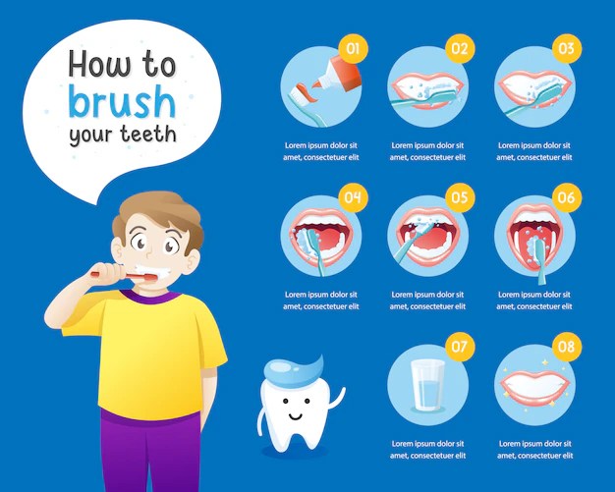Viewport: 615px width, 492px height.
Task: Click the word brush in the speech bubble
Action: point(122,101)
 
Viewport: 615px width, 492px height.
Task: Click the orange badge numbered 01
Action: point(353,46)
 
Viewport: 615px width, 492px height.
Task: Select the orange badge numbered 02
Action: point(458,46)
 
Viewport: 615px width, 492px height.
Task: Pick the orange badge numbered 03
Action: point(566,46)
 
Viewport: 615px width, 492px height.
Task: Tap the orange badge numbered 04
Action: point(353,197)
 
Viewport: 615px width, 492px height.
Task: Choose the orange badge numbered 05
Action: point(458,197)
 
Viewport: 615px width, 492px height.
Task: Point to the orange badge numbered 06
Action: point(566,197)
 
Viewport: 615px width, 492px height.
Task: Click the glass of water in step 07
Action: point(428,384)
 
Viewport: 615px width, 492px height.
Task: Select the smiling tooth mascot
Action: point(294,411)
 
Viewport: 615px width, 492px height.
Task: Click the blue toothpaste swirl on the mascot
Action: point(294,367)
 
